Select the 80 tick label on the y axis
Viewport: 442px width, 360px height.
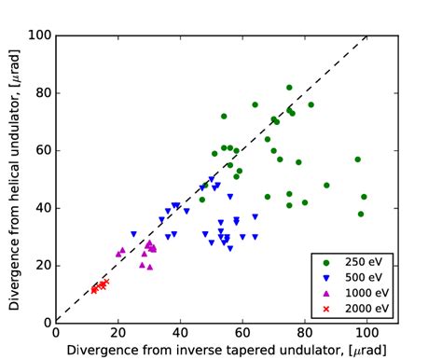(41, 92)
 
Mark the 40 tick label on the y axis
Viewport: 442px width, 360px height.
(41, 207)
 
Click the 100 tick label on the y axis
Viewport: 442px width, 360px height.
(38, 35)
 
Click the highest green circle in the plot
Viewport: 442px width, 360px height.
(289, 88)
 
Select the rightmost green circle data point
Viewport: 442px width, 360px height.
(364, 197)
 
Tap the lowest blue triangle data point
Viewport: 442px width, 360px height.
(230, 248)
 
